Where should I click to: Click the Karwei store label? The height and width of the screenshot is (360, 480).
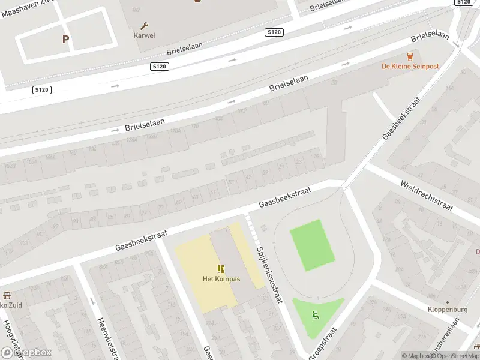tap(144, 35)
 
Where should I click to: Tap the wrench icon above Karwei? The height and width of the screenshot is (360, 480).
tap(144, 26)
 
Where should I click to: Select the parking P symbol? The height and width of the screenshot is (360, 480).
tap(65, 40)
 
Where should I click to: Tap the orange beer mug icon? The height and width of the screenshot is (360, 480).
tap(410, 56)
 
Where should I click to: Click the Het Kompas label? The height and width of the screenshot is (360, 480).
tap(221, 279)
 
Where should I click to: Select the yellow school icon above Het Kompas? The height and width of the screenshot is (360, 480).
tap(221, 269)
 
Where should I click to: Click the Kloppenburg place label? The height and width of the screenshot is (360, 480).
tap(448, 310)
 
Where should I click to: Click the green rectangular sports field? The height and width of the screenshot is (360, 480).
tap(312, 245)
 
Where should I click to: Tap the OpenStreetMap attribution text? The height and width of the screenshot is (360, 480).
tap(458, 356)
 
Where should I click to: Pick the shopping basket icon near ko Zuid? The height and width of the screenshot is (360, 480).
tap(7, 295)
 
